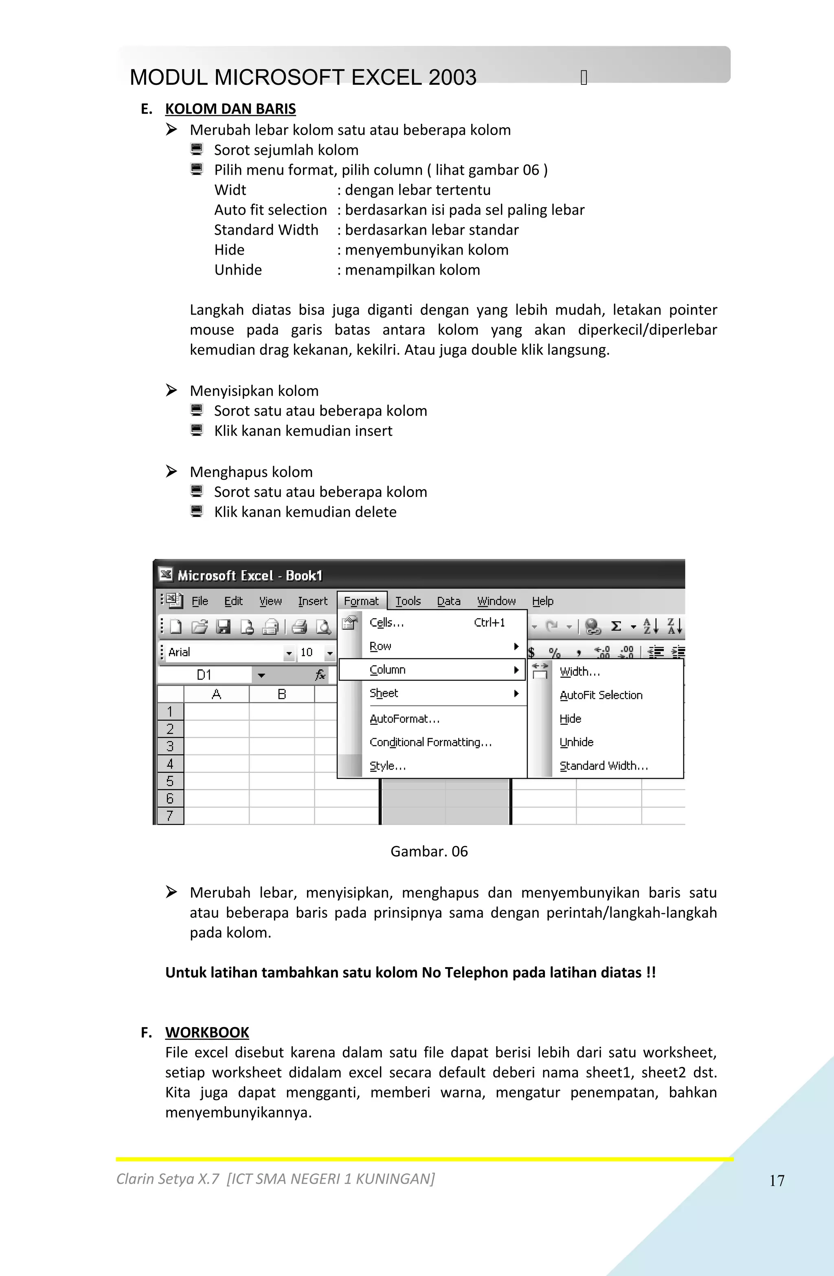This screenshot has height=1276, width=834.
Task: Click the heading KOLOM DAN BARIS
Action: point(230,109)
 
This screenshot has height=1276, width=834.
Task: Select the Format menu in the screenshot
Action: point(361,601)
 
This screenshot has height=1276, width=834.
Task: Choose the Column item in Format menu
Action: point(388,670)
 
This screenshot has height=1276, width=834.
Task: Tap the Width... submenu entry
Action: point(579,672)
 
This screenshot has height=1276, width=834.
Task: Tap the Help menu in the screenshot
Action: point(542,601)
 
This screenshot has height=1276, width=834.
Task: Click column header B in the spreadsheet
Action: point(282,694)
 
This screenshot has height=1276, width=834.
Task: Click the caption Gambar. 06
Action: point(429,851)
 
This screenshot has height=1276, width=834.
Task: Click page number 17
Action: point(777,1181)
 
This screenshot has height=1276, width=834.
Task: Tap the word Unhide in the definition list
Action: point(238,270)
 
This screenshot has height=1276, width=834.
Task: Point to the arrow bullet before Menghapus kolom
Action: point(171,471)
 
